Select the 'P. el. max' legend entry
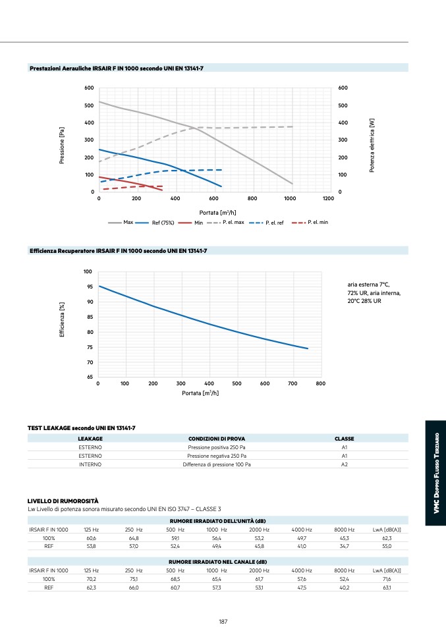(233, 223)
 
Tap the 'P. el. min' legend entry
(318, 223)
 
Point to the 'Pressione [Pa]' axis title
(63, 140)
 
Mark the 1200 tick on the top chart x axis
(328, 198)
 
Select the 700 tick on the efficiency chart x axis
(293, 383)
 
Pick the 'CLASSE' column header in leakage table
(344, 439)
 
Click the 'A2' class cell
(344, 464)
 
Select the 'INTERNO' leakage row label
(90, 464)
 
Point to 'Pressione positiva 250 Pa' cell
(217, 447)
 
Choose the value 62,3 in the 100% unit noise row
(387, 538)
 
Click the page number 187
(223, 620)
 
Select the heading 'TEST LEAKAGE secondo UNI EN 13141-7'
(82, 428)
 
